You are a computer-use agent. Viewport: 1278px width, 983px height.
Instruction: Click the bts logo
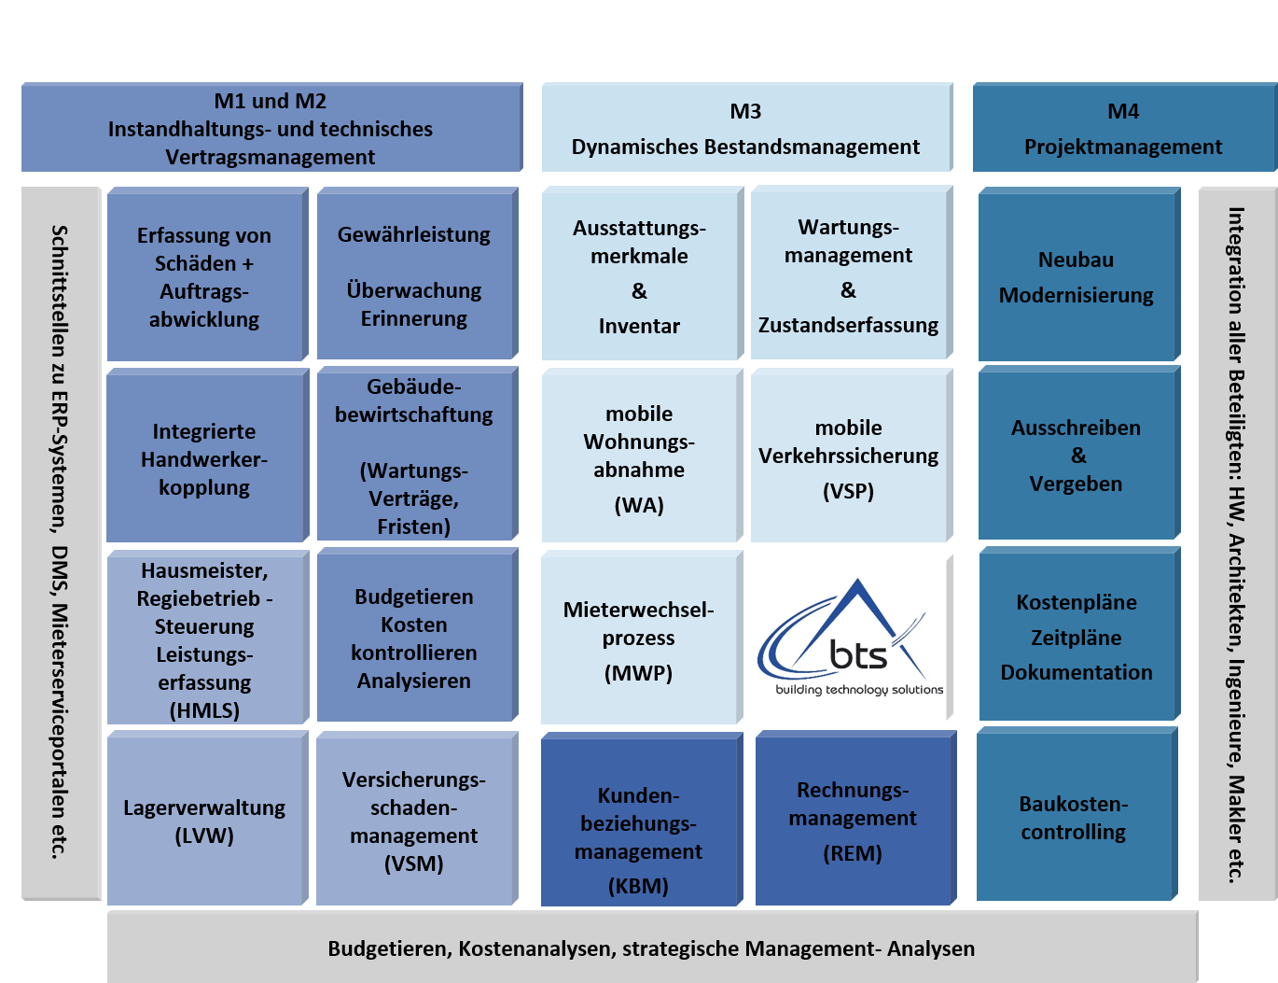(853, 638)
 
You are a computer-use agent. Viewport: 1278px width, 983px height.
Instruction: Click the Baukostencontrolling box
(1075, 817)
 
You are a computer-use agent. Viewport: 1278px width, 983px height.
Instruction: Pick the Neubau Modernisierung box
(1077, 276)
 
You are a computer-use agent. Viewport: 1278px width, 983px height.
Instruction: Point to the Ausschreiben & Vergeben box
(1077, 456)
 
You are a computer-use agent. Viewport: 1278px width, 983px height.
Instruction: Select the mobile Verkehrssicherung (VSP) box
(849, 457)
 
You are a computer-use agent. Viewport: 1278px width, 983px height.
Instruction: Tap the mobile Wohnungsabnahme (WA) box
(640, 457)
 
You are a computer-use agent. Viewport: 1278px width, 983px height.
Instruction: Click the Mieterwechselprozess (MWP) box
(639, 639)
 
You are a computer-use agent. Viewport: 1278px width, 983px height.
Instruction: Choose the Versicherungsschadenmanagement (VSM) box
(414, 821)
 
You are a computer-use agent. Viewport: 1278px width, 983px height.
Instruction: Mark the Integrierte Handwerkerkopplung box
(205, 458)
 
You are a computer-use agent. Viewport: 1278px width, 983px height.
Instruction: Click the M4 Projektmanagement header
(1123, 128)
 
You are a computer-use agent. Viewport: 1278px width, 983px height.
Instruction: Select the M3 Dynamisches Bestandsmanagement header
(745, 128)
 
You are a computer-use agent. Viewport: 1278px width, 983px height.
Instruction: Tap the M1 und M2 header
(271, 128)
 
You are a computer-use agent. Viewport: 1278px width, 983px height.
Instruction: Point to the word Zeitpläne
(1077, 638)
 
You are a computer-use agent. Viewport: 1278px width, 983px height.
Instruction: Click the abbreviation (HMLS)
(204, 710)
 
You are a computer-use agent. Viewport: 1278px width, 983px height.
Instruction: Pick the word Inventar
(639, 326)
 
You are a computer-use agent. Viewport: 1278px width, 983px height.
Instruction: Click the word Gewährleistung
(414, 234)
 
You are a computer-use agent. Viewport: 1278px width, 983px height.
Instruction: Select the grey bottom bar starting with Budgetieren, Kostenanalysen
(651, 948)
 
